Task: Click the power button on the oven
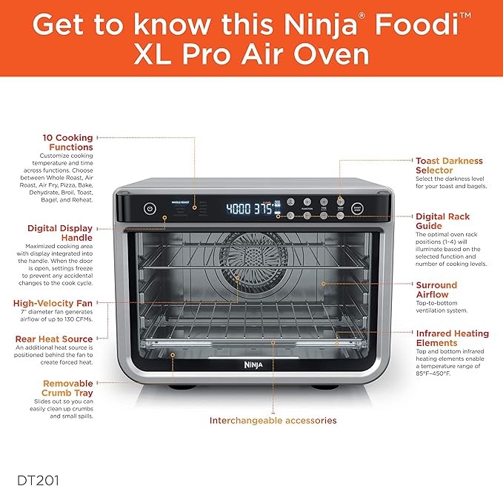click(x=150, y=209)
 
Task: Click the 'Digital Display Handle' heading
click(x=61, y=233)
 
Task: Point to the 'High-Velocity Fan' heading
click(x=53, y=303)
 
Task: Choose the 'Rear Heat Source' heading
click(x=53, y=339)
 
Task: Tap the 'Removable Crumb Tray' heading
click(x=67, y=387)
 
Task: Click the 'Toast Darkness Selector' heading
click(x=449, y=165)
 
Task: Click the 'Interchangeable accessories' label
click(x=273, y=420)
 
